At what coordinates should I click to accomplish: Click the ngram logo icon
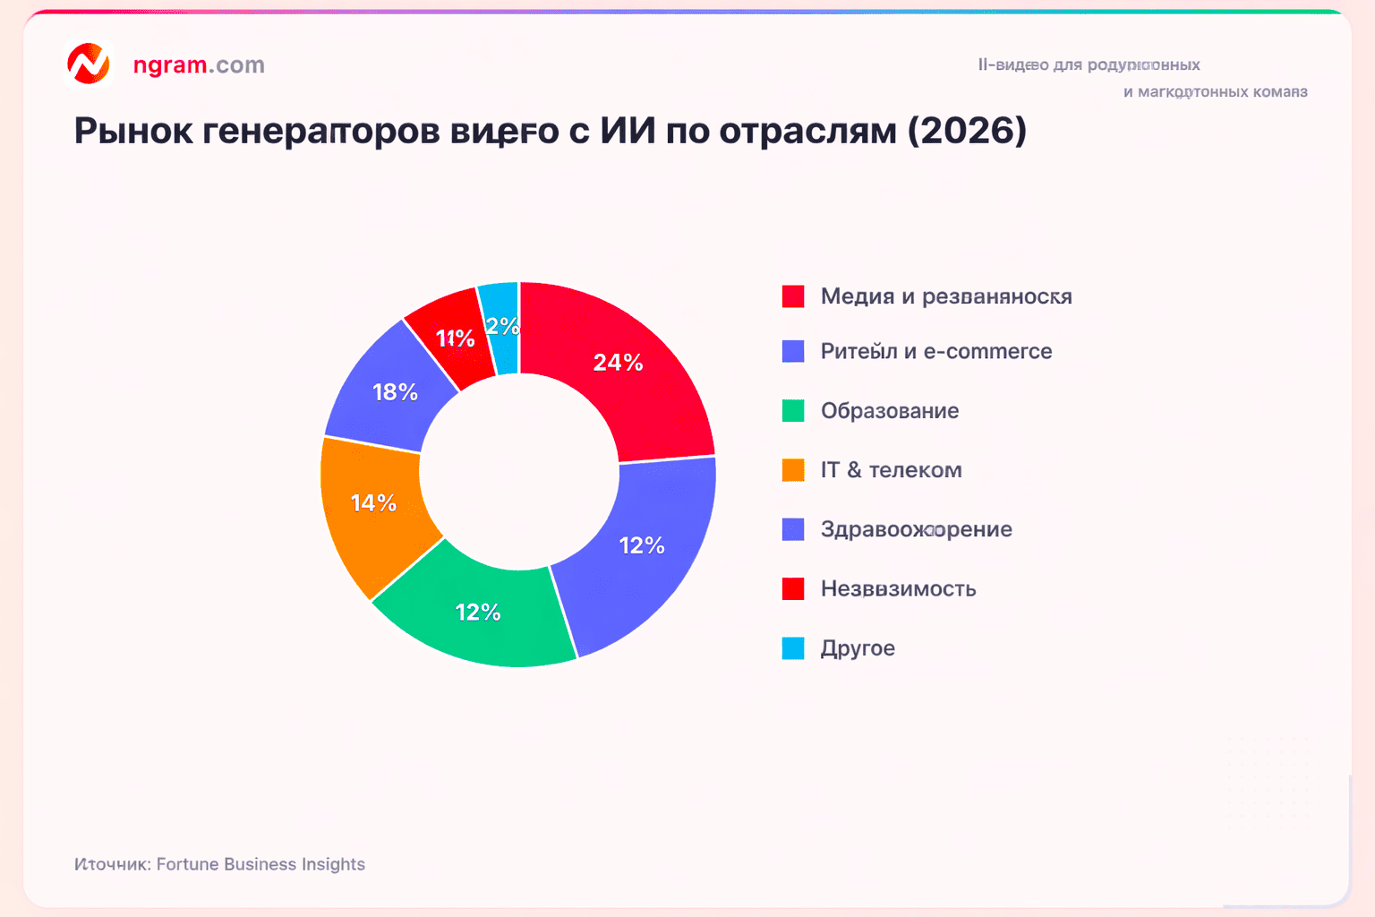pos(89,64)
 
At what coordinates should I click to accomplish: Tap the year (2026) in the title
pos(967,131)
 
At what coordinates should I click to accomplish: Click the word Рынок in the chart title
pos(133,131)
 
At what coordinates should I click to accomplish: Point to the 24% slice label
pos(618,363)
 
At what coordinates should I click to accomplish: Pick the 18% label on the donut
pos(395,392)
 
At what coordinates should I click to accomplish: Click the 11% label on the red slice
pos(455,339)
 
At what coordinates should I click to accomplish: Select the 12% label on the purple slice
pos(642,545)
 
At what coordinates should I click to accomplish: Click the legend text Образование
pos(889,411)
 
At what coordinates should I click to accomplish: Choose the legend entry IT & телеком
pos(891,470)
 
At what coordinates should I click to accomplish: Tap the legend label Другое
pos(858,648)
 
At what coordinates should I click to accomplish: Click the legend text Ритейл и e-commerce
pos(935,351)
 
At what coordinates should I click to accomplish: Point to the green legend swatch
pos(793,411)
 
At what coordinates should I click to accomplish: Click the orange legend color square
pos(793,470)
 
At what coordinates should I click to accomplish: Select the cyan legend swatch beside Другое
pos(793,648)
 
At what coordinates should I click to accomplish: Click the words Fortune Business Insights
pos(260,864)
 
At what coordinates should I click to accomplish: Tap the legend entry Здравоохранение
pos(916,529)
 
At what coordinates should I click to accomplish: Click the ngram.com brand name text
pos(199,64)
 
